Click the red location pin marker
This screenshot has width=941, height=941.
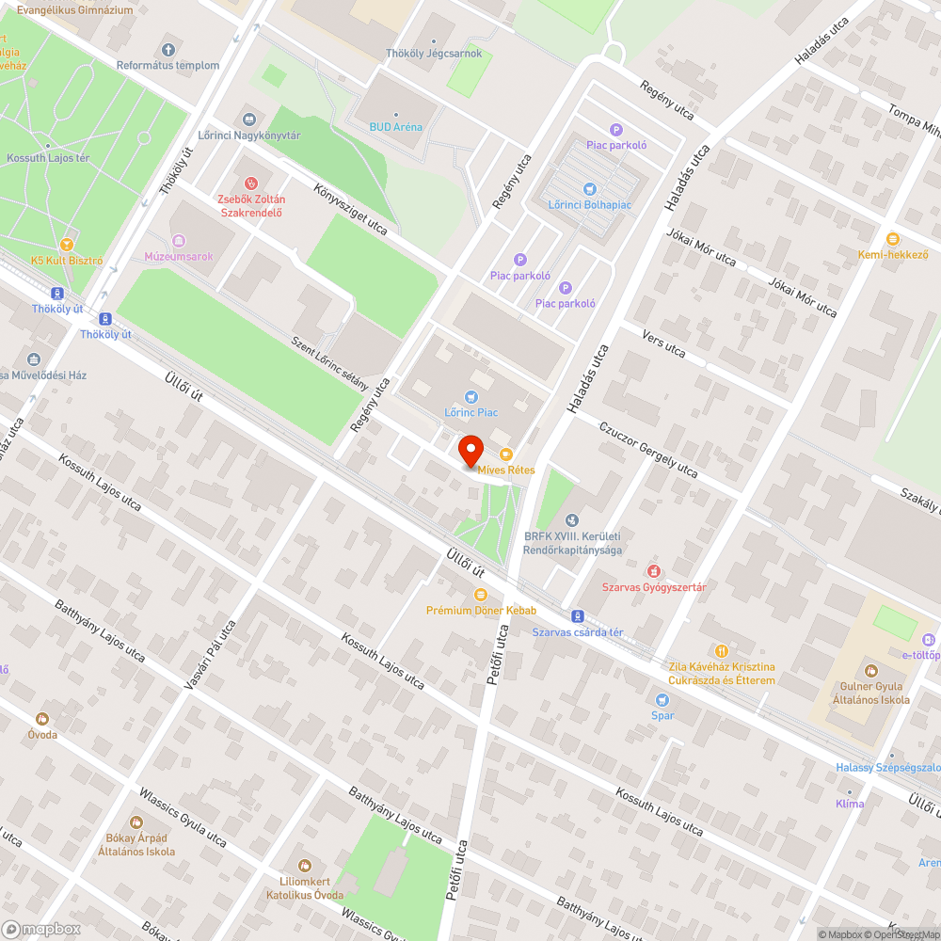(471, 451)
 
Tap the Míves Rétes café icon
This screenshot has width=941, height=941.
(506, 455)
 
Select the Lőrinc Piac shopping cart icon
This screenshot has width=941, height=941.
(471, 397)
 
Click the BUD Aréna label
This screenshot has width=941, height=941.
(395, 127)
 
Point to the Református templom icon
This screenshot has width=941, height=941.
(168, 49)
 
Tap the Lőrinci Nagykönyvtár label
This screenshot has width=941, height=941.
(249, 136)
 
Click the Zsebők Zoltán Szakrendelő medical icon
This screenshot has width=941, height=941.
(251, 183)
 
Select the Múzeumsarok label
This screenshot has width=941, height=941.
(179, 256)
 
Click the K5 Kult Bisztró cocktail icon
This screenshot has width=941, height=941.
(67, 245)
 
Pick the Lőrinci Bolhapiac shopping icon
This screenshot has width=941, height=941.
(590, 189)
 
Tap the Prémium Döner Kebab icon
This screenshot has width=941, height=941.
(481, 595)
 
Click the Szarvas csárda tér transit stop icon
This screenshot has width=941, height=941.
(578, 617)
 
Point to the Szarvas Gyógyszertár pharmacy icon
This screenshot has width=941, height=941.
(654, 571)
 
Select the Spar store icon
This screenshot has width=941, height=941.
(662, 699)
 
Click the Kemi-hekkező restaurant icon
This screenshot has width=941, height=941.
(892, 239)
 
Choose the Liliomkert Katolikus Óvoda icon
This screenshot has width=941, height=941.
(304, 865)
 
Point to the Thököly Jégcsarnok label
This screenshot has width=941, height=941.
(434, 54)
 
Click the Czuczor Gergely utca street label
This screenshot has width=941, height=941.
(648, 449)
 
